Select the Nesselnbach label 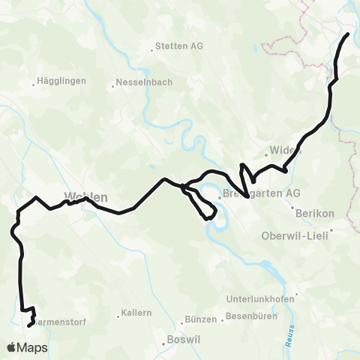(143, 82)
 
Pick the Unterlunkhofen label (262, 298)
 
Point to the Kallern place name (136, 312)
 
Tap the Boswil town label (184, 344)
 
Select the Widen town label (286, 149)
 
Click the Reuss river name (290, 329)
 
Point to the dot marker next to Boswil (164, 344)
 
